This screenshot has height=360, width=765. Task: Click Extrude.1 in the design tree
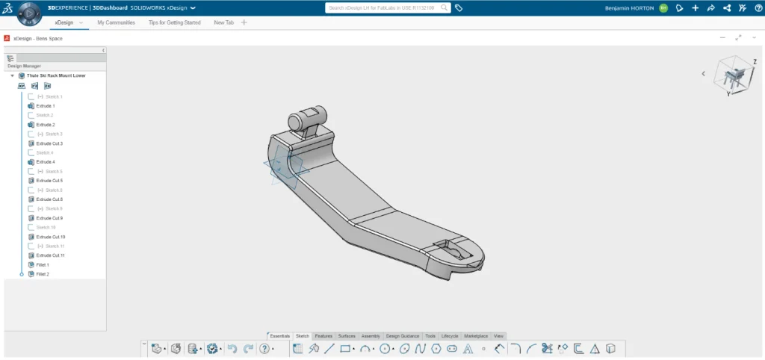[46, 106]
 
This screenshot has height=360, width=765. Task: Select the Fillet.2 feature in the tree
[43, 274]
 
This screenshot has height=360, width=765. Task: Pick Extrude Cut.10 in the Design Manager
[51, 237]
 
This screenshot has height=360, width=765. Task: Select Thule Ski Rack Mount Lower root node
[56, 75]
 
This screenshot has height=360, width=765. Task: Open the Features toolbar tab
[323, 336]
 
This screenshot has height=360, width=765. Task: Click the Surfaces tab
[347, 336]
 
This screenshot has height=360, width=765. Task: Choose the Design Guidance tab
[403, 336]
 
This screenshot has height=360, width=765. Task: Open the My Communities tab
[116, 22]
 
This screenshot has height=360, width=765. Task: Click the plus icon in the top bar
[696, 7]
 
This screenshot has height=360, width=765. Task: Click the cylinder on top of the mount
[306, 119]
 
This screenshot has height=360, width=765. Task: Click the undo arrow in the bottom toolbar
[232, 349]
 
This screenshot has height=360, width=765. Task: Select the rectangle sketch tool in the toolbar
[345, 349]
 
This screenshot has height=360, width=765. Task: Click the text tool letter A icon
[468, 349]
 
